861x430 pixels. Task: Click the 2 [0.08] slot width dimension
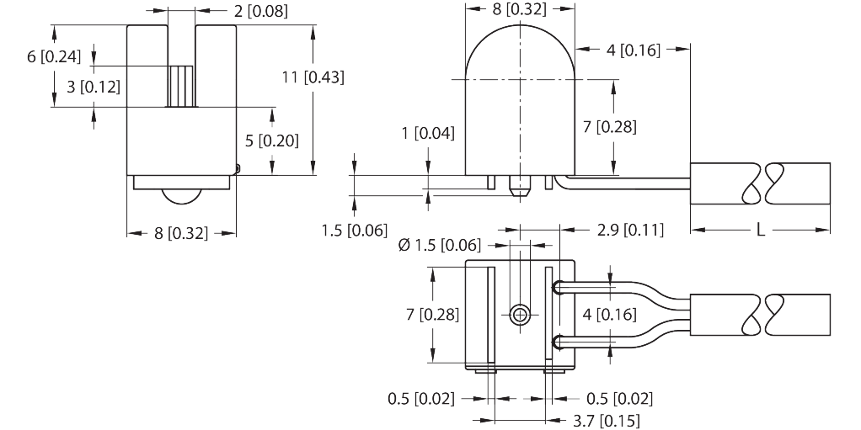[x=261, y=11]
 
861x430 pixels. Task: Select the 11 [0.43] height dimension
[x=313, y=77]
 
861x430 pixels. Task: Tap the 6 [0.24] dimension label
[x=54, y=56]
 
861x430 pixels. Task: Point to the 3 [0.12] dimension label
[x=94, y=87]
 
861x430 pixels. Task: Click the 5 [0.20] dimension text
[x=272, y=141]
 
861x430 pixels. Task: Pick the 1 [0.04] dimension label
[x=428, y=133]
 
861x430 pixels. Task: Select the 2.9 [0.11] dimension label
[x=630, y=229]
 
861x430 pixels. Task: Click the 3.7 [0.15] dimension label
[x=607, y=421]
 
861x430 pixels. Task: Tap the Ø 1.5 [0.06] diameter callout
[x=439, y=245]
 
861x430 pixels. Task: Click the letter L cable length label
[x=761, y=230]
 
